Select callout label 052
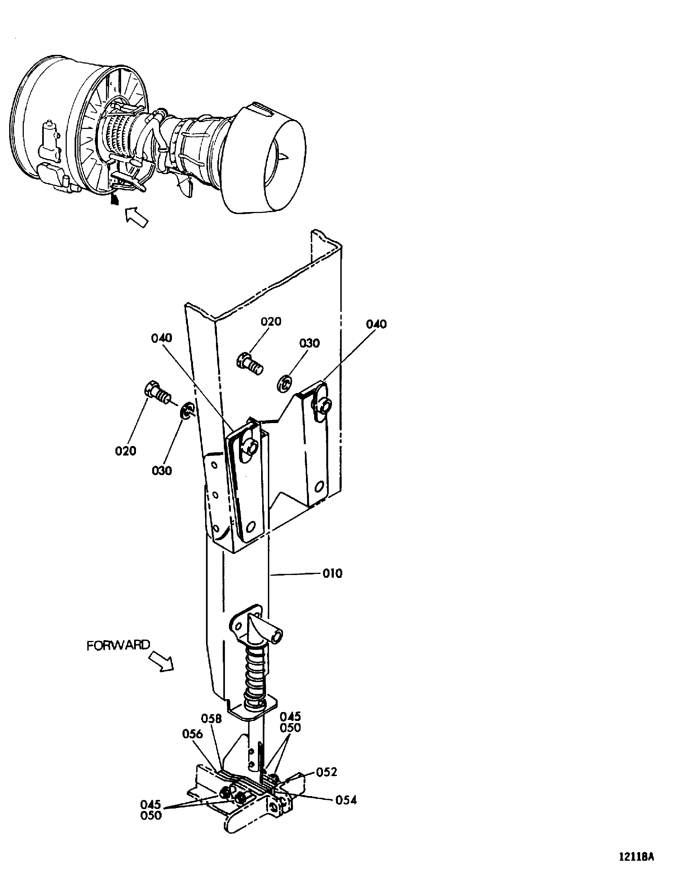click(326, 772)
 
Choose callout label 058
click(211, 719)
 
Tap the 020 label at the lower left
click(125, 451)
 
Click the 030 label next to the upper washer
click(310, 343)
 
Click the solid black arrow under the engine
click(115, 199)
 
